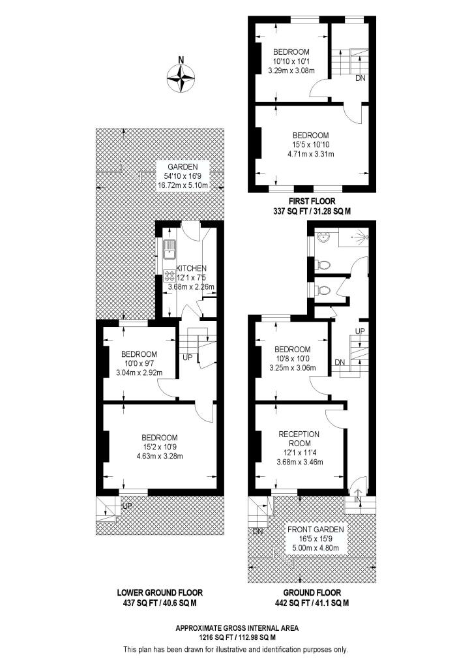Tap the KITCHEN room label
click(x=191, y=268)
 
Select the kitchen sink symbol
click(x=170, y=249)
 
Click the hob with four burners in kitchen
click(x=168, y=275)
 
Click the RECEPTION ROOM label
click(x=299, y=438)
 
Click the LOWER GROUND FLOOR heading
click(x=160, y=592)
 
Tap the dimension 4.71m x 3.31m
click(x=310, y=154)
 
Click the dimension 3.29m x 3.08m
click(x=291, y=70)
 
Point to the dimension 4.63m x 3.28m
click(x=160, y=456)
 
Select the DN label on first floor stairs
click(x=360, y=78)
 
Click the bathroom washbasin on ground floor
click(x=323, y=238)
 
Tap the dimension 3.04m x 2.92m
click(x=138, y=372)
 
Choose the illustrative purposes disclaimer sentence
click(x=235, y=649)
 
